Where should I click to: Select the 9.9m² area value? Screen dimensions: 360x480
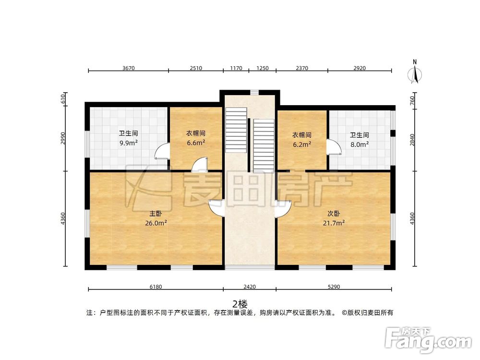(x=129, y=143)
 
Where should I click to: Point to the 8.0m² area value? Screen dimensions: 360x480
(x=359, y=143)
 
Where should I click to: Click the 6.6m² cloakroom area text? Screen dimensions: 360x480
(x=196, y=142)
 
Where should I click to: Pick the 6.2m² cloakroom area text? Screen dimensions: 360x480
(x=301, y=143)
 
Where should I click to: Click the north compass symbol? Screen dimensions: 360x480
(x=415, y=73)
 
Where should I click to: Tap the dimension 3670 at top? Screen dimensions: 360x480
(x=128, y=68)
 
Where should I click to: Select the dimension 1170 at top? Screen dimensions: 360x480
(x=236, y=68)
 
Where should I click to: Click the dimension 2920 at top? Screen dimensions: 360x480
(x=360, y=68)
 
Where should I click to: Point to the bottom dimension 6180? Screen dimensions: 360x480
(x=156, y=287)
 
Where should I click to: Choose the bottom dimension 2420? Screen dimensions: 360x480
(x=250, y=287)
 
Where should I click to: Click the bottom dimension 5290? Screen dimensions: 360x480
(x=334, y=287)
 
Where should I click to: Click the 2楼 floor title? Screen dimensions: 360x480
(x=240, y=303)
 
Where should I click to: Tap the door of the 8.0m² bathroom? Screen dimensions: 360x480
(x=333, y=147)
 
